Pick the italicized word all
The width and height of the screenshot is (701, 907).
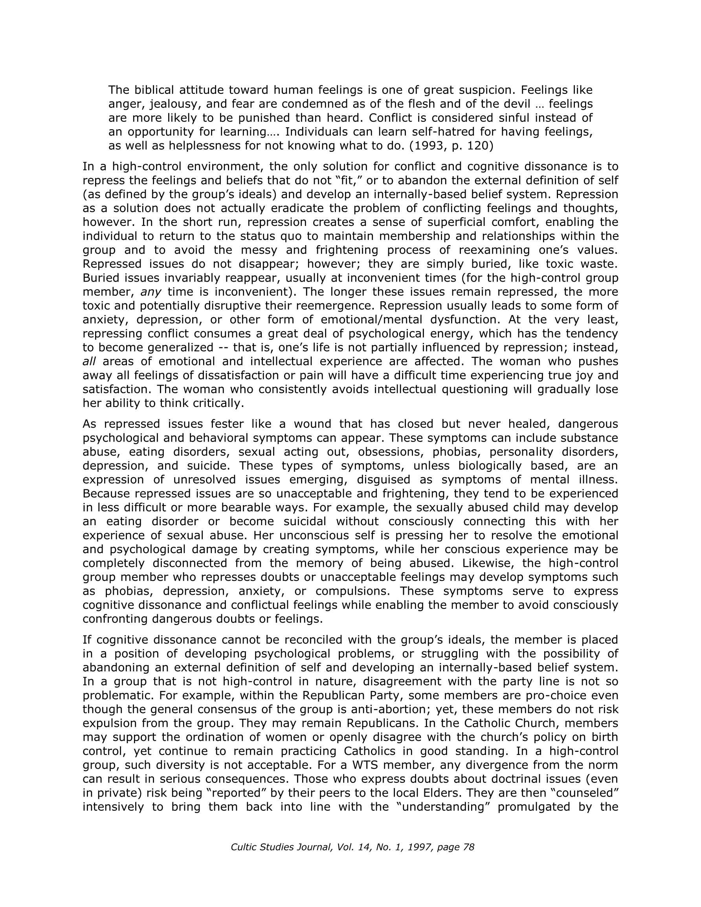tap(89, 361)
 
